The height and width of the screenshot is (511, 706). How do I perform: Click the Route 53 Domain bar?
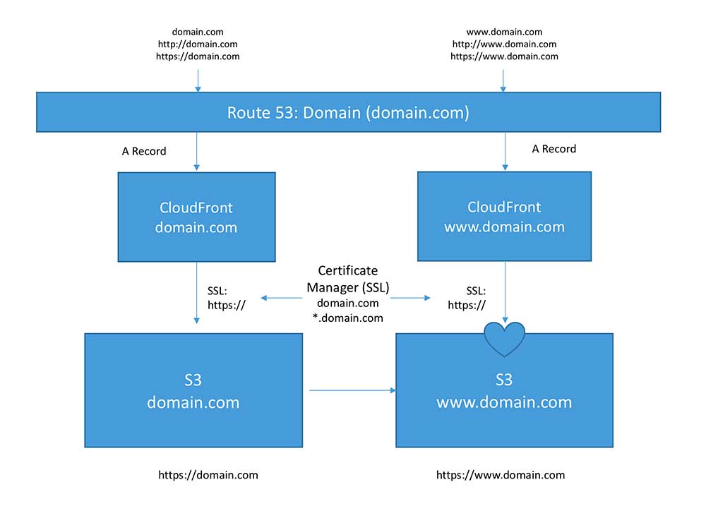pyautogui.click(x=348, y=112)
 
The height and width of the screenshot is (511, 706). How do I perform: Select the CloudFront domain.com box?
pyautogui.click(x=197, y=217)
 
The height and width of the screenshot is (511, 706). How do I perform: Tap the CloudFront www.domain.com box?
pyautogui.click(x=504, y=217)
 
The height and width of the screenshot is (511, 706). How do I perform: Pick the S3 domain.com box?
pyautogui.click(x=193, y=391)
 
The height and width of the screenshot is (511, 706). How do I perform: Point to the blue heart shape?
pyautogui.click(x=504, y=337)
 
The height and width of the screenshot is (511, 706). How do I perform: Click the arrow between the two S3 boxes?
pyautogui.click(x=352, y=390)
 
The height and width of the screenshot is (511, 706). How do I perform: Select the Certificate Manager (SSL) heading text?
pyautogui.click(x=347, y=278)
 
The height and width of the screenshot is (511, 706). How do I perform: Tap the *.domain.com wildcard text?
pyautogui.click(x=348, y=318)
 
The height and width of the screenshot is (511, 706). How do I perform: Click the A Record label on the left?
pyautogui.click(x=144, y=151)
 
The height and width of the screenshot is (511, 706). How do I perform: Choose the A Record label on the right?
pyautogui.click(x=554, y=149)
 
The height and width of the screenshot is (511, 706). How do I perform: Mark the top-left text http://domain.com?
pyautogui.click(x=198, y=44)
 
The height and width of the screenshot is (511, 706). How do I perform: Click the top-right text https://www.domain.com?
pyautogui.click(x=504, y=56)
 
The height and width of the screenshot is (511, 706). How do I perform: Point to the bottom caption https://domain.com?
pyautogui.click(x=208, y=475)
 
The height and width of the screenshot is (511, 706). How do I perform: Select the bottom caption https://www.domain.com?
pyautogui.click(x=501, y=475)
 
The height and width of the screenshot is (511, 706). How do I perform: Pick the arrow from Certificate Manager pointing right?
pyautogui.click(x=411, y=299)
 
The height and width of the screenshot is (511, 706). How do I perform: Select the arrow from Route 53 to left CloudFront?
pyautogui.click(x=198, y=152)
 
